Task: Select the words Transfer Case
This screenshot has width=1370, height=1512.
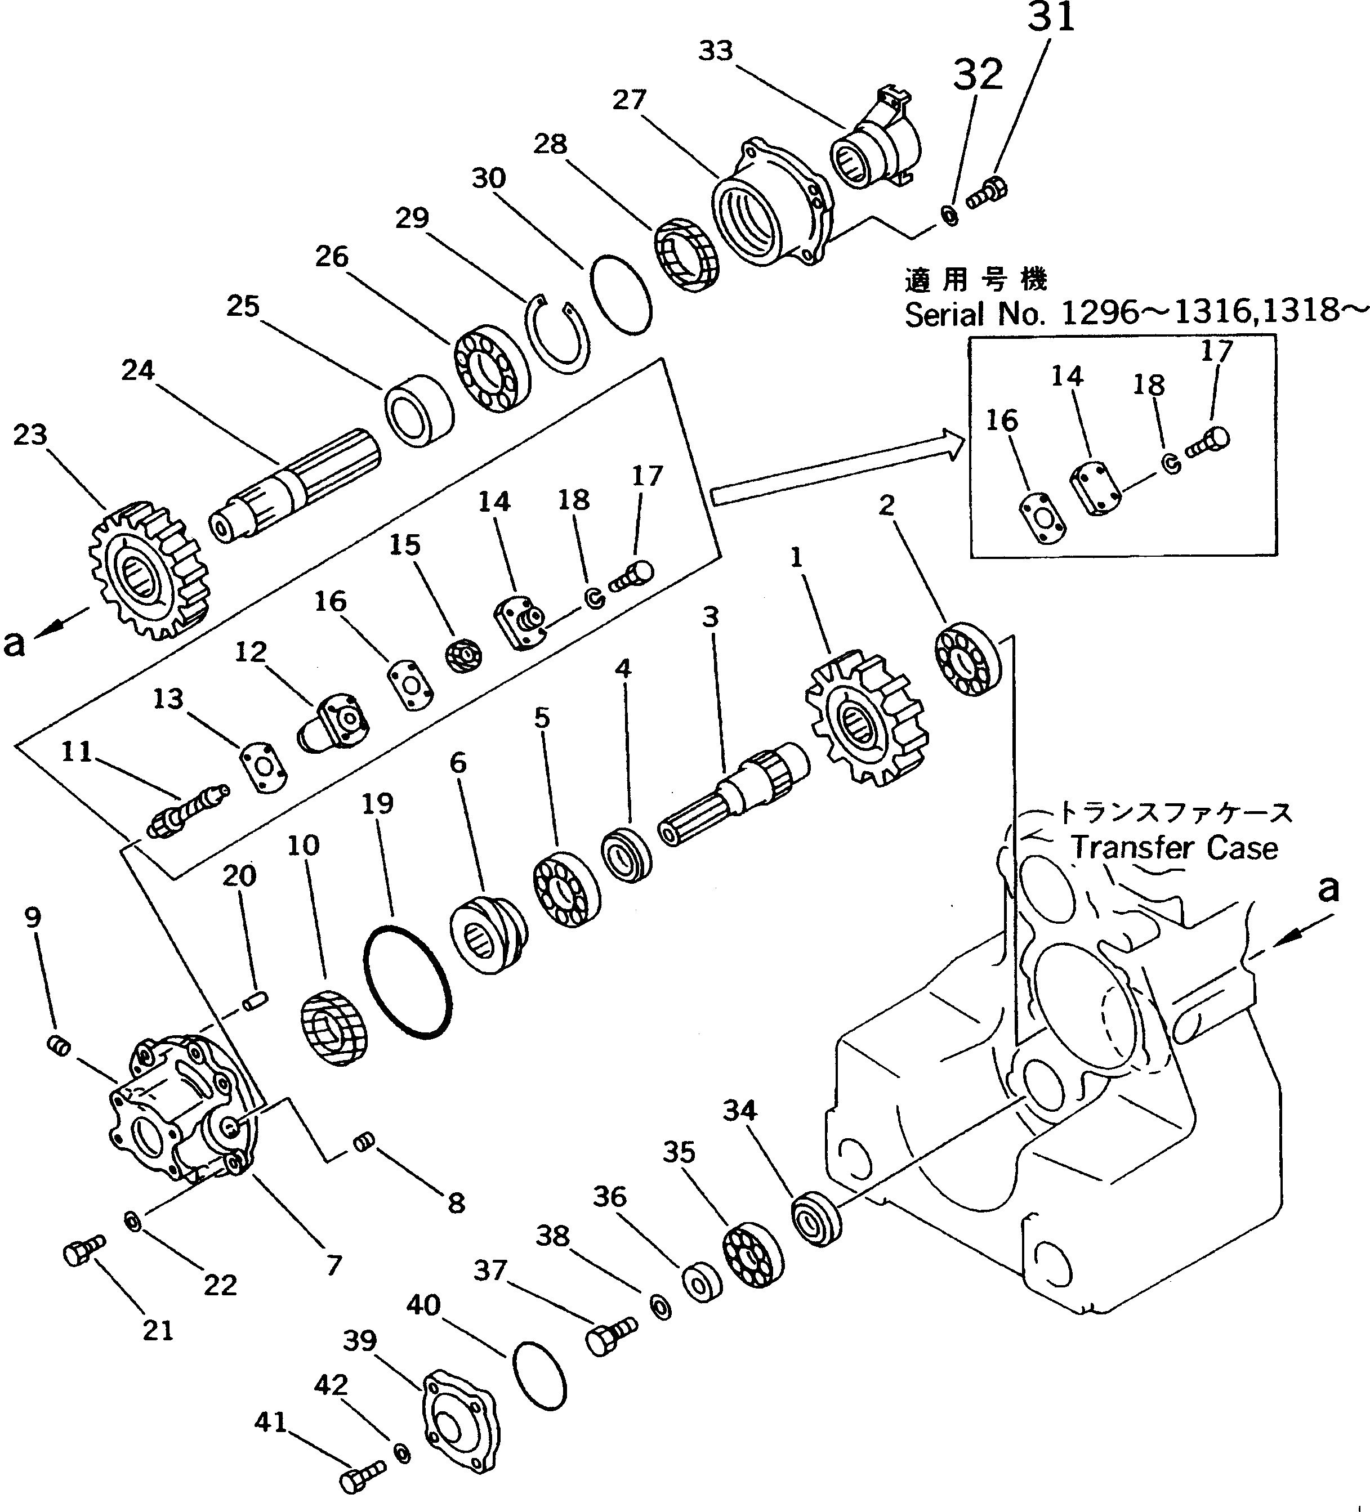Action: (x=1173, y=848)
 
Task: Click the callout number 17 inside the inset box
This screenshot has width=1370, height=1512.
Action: (x=1217, y=351)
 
